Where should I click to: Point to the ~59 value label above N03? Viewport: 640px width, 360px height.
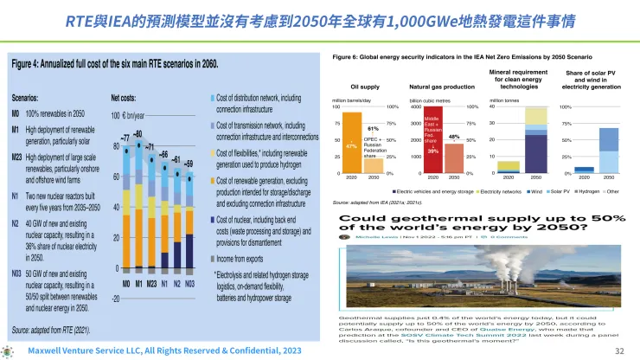pos(189,163)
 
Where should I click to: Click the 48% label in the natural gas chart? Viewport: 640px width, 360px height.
pos(452,137)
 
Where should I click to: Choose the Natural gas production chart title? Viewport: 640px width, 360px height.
pos(442,87)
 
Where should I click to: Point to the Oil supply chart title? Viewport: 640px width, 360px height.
pos(365,87)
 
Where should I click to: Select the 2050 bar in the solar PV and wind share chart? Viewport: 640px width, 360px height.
pos(609,151)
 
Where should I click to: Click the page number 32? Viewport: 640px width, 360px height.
pos(618,351)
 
